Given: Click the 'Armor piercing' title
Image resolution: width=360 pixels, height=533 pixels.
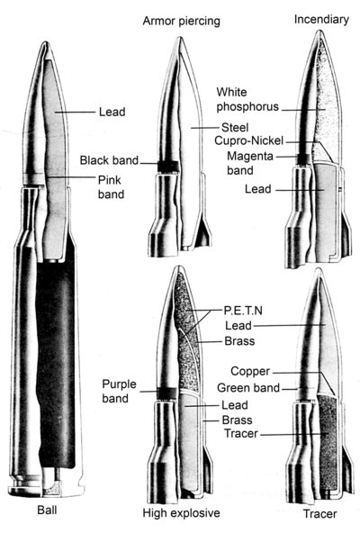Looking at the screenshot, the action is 181,21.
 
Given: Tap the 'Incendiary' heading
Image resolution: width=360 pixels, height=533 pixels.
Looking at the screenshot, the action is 321,20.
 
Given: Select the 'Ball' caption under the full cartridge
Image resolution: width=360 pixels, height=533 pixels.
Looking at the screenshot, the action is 47,510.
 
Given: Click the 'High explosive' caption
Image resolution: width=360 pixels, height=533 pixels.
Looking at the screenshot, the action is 181,512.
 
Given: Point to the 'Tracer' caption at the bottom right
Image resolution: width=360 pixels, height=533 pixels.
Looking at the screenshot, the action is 319,513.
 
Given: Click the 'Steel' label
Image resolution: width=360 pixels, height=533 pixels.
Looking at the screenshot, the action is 235,128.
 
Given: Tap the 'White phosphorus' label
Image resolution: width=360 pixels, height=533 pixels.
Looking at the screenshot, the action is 247,99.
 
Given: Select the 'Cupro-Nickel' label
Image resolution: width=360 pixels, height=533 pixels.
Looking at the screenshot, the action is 248,140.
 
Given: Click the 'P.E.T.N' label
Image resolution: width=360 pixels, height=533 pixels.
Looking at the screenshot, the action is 243,311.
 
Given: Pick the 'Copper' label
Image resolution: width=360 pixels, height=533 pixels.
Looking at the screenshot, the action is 250,371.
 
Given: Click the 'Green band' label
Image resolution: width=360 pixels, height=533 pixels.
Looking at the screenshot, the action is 248,387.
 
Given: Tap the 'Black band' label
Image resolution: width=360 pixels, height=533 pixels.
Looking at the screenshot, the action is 109,160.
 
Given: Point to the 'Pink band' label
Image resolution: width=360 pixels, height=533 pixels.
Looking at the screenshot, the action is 112,187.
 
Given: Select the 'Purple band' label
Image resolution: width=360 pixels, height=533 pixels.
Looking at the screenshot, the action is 119,392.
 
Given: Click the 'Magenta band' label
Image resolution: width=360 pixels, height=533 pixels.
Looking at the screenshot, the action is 250,163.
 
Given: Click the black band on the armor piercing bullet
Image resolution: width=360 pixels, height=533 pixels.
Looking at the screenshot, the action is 168,167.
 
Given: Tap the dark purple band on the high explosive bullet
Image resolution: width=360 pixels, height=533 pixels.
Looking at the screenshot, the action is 166,393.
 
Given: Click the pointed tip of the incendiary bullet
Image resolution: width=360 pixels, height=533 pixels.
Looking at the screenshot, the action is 319,31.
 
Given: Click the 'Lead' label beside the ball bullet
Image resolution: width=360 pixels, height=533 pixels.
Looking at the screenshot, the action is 112,112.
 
